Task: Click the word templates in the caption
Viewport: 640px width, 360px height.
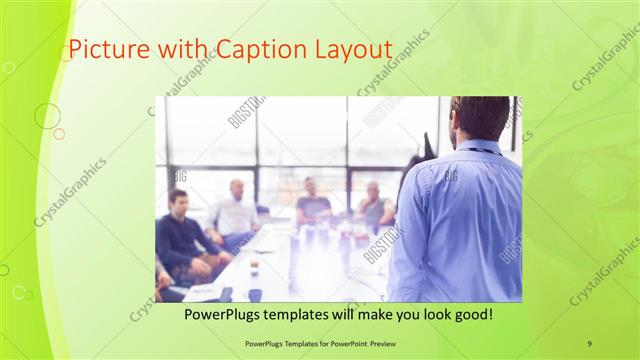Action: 309,314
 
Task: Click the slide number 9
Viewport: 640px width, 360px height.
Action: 590,343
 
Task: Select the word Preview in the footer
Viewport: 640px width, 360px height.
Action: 374,343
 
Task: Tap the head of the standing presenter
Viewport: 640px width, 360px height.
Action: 479,118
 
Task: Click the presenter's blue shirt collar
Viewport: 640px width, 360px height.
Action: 478,146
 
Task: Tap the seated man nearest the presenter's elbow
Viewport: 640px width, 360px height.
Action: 375,206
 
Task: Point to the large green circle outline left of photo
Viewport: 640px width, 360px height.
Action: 47,116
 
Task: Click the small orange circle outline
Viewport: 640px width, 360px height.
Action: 59,133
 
